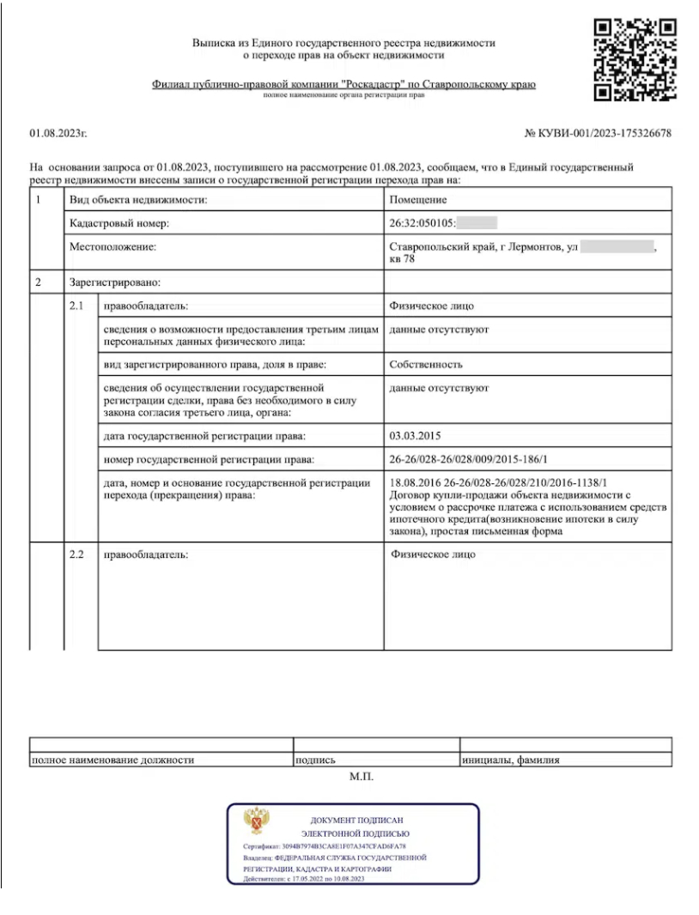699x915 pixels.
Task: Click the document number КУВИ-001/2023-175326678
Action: click(598, 134)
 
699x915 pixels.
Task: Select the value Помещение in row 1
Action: click(418, 200)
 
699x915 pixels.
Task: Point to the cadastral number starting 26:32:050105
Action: click(422, 223)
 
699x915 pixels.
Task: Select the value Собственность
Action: click(426, 364)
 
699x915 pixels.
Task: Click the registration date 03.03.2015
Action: click(415, 436)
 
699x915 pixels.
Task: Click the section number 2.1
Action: click(77, 306)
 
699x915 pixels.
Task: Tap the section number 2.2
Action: click(77, 554)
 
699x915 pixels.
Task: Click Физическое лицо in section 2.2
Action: click(433, 554)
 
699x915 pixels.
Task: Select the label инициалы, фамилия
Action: click(511, 760)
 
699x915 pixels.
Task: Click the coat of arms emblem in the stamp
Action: click(255, 821)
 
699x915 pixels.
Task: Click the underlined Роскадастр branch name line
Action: click(343, 85)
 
